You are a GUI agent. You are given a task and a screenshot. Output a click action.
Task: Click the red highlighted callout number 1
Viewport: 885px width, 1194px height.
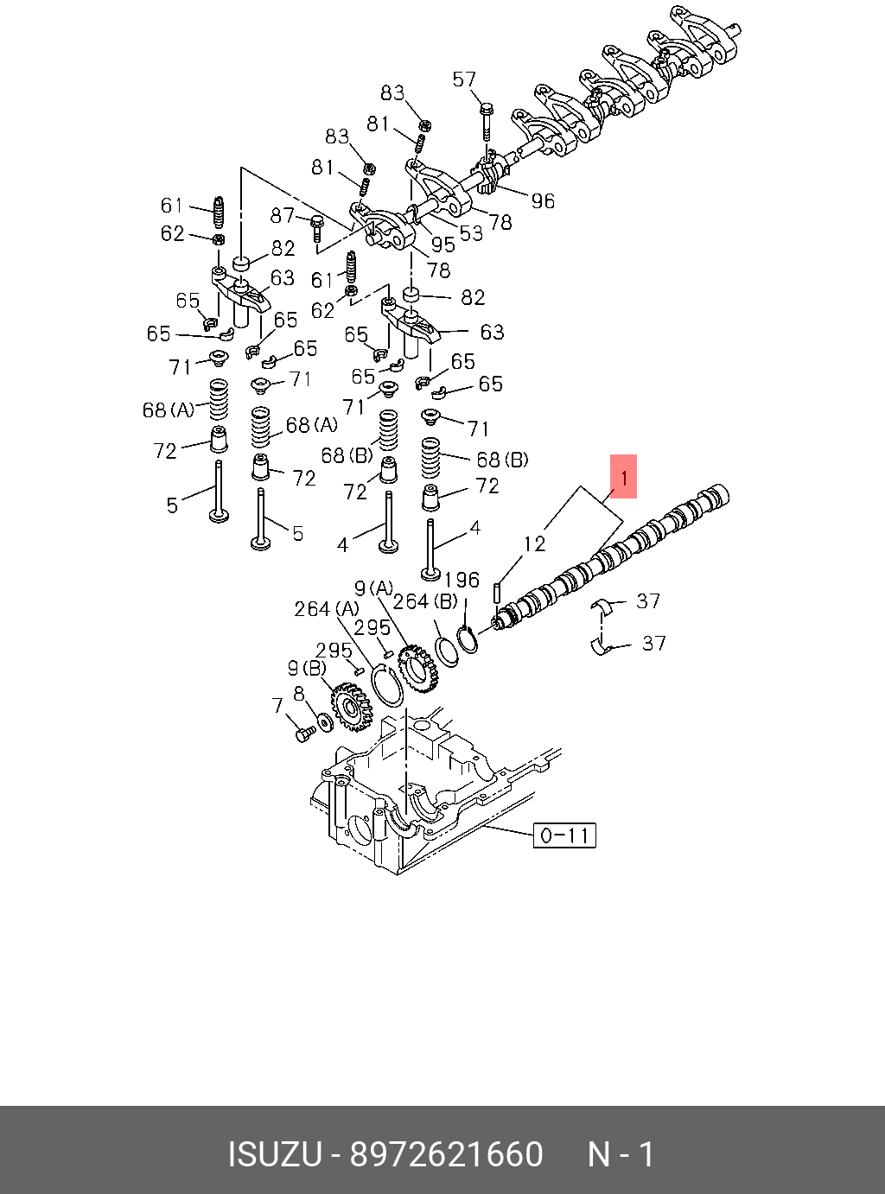[x=623, y=476]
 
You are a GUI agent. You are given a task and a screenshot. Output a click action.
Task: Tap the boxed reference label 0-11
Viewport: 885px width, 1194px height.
[x=564, y=835]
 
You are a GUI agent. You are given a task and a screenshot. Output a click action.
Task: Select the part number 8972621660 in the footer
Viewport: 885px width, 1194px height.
[x=446, y=1155]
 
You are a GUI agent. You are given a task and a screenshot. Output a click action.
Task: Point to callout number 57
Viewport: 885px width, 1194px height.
[x=464, y=80]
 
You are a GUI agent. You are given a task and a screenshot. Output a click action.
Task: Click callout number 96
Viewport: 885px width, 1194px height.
[x=543, y=201]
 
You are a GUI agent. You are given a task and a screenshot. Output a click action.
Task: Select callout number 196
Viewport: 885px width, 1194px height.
[x=462, y=581]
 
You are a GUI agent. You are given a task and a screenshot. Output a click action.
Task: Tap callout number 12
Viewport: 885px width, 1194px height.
[x=534, y=543]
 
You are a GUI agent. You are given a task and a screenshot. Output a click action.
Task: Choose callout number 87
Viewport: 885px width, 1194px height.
[x=283, y=215]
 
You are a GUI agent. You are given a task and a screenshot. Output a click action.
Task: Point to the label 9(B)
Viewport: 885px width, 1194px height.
[x=307, y=668]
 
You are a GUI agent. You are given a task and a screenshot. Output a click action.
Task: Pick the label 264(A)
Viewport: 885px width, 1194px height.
[x=326, y=609]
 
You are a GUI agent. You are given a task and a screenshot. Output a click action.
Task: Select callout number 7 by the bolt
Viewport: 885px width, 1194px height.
[x=277, y=706]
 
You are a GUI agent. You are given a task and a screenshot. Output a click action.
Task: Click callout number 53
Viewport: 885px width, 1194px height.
[x=471, y=233]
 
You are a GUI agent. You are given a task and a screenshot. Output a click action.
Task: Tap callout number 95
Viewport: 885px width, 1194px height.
[x=442, y=245]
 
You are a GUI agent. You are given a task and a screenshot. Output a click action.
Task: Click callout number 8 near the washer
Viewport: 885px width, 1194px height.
[x=299, y=694]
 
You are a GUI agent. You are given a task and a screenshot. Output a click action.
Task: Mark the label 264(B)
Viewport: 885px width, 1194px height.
[x=424, y=601]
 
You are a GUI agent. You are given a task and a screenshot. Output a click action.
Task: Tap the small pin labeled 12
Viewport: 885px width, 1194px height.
[x=498, y=594]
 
